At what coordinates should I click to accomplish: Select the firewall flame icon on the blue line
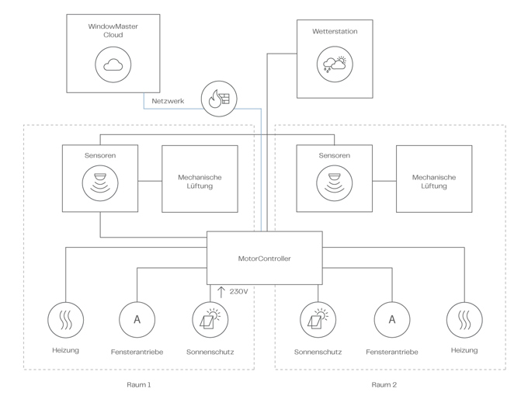[x=219, y=98]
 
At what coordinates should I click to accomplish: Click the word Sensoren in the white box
[x=100, y=155]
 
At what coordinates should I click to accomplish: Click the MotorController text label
[x=265, y=259]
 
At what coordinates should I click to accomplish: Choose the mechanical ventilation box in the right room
[x=434, y=178]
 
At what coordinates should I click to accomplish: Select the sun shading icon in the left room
[x=209, y=318]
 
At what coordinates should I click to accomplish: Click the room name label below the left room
[x=139, y=384]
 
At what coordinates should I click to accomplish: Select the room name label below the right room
[x=383, y=384]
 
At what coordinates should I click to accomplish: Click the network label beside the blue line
[x=168, y=101]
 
